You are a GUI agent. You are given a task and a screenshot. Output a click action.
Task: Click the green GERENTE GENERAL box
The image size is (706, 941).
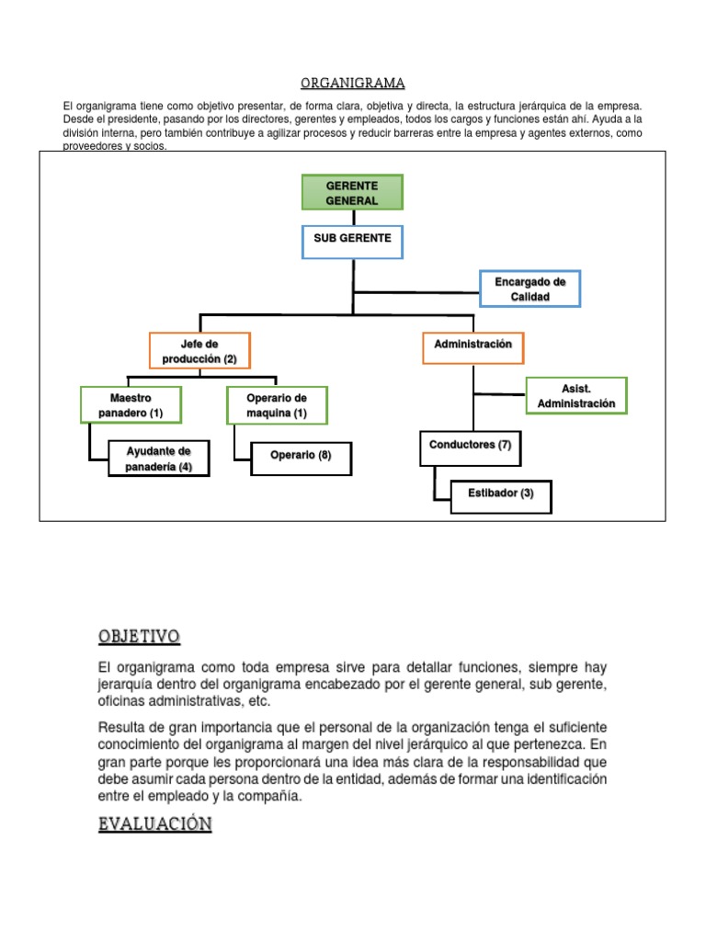click(352, 193)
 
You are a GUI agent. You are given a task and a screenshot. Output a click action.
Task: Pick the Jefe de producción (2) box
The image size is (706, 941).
click(199, 351)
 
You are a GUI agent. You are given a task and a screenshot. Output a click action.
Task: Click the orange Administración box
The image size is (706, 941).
click(473, 345)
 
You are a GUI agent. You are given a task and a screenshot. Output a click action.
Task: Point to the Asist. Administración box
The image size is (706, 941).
click(576, 396)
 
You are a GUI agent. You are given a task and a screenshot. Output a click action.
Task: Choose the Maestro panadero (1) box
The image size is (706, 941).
click(131, 405)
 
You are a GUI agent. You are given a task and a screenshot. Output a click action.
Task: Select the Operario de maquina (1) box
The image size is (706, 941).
click(276, 405)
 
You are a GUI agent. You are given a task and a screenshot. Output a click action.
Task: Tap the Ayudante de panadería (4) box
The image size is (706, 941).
click(158, 459)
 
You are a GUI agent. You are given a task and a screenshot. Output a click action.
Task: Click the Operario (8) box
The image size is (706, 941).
click(301, 456)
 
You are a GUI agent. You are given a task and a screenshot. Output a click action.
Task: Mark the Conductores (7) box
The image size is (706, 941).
click(470, 446)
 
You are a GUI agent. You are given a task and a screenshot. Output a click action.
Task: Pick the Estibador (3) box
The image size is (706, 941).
click(501, 493)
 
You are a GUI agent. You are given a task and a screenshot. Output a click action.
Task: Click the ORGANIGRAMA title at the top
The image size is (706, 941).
click(352, 84)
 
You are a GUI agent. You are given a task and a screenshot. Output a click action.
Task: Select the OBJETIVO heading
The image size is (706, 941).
click(139, 636)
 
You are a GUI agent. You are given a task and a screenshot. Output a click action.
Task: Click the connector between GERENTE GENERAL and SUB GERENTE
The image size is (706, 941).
click(354, 217)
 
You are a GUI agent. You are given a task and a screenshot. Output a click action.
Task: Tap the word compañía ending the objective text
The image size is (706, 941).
click(269, 796)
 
